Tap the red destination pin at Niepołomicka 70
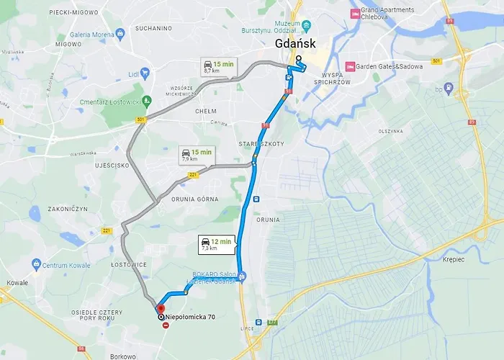click(x=160, y=309)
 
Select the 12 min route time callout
click(x=215, y=245)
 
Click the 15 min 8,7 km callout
click(x=217, y=68)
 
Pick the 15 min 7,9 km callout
click(x=196, y=156)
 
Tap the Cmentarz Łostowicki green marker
click(x=147, y=100)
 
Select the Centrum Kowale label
click(x=68, y=266)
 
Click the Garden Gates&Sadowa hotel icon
click(x=351, y=66)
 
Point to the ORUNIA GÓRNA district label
click(x=194, y=198)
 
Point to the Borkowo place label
click(x=124, y=356)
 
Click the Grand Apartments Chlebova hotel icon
click(x=354, y=14)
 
